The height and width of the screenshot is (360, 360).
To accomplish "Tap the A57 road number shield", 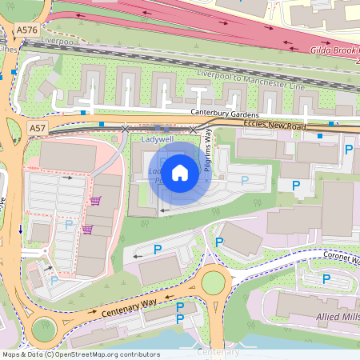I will (38, 127).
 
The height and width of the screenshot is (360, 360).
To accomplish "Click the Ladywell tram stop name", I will (157, 139).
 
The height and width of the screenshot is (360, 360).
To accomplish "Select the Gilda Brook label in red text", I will (333, 50).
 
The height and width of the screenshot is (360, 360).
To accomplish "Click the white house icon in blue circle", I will (180, 172).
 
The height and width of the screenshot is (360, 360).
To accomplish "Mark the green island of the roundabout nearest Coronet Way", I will (214, 282).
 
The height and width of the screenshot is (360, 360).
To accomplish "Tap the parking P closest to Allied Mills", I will (326, 278).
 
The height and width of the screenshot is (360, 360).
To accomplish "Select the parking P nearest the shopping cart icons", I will (70, 226).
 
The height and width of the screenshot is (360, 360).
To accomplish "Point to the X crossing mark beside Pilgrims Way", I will (194, 129).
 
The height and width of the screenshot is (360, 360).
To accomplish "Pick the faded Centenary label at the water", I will (218, 352).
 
